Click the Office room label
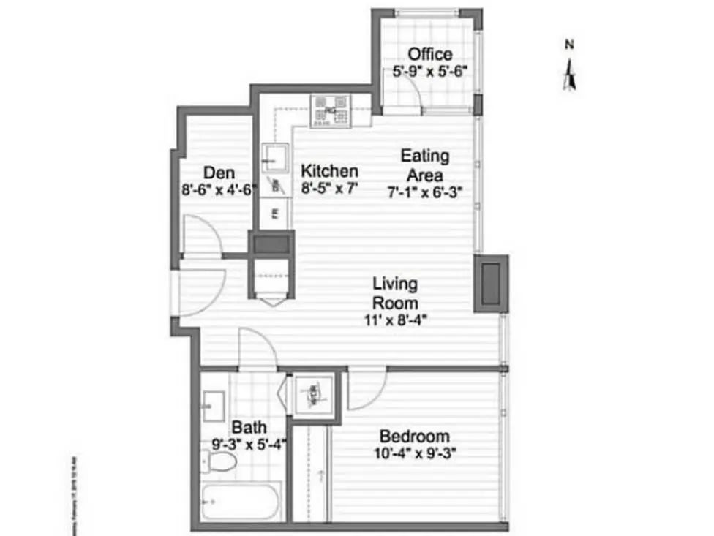tap(429, 54)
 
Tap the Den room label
tap(219, 173)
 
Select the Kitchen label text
tap(330, 171)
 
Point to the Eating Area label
tap(424, 165)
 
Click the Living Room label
tap(395, 292)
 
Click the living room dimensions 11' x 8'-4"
tap(395, 319)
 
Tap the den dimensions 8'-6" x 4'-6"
tap(219, 191)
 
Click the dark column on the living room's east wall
tap(490, 284)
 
